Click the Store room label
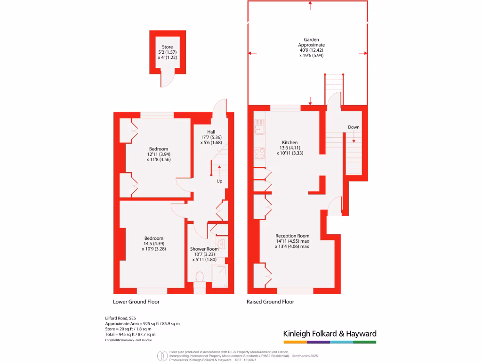pyautogui.click(x=167, y=47)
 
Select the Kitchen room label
pyautogui.click(x=289, y=142)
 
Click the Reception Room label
pyautogui.click(x=292, y=236)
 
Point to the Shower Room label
pyautogui.click(x=204, y=249)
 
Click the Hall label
pyautogui.click(x=210, y=132)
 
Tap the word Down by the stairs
pyautogui.click(x=353, y=127)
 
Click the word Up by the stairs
pyautogui.click(x=219, y=181)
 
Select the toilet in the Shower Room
pyautogui.click(x=200, y=276)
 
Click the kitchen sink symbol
pyautogui.click(x=259, y=126)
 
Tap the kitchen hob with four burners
pyautogui.click(x=259, y=153)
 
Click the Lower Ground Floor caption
pyautogui.click(x=136, y=302)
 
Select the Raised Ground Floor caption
pyautogui.click(x=270, y=302)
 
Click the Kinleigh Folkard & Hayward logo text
pyautogui.click(x=329, y=334)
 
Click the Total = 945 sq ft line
pyautogui.click(x=137, y=334)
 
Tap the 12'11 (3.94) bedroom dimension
pyautogui.click(x=158, y=154)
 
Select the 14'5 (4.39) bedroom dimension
pyautogui.click(x=154, y=243)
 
